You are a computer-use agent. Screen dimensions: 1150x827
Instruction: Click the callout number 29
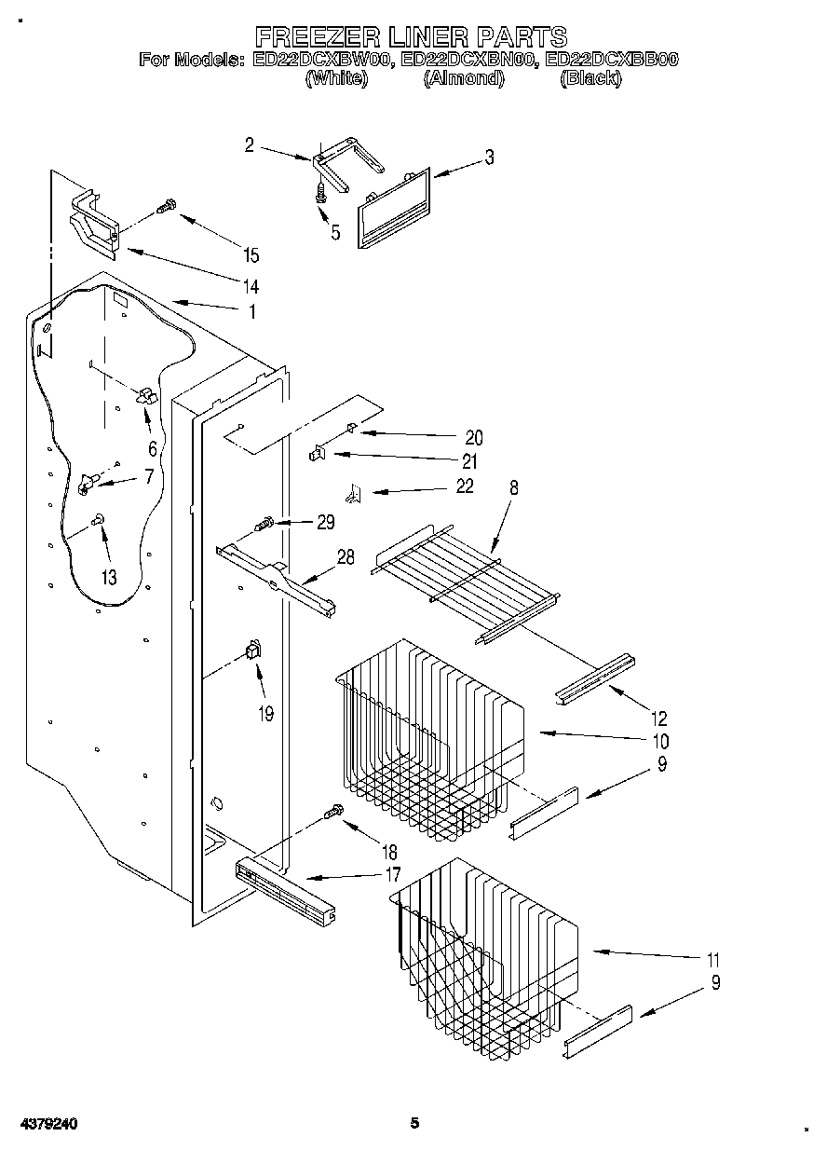click(325, 522)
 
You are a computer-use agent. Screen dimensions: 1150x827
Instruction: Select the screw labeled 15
click(167, 207)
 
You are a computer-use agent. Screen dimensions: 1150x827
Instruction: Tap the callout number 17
click(393, 874)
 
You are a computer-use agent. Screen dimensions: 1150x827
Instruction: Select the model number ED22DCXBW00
click(321, 60)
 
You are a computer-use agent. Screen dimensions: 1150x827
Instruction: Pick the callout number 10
click(660, 742)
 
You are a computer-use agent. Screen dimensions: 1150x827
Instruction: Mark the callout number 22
click(464, 486)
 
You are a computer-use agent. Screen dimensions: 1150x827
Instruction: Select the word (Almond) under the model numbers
click(463, 79)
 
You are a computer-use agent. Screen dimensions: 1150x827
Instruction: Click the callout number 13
click(109, 577)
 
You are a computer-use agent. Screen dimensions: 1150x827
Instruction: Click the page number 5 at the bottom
click(415, 1123)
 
